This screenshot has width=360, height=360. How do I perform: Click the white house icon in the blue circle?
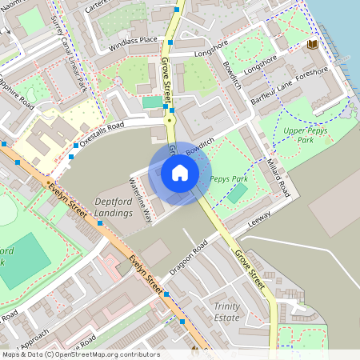pos(180,173)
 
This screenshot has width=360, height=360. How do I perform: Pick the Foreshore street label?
pos(311,75)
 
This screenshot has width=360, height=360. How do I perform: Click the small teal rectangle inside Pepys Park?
pos(238,193)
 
